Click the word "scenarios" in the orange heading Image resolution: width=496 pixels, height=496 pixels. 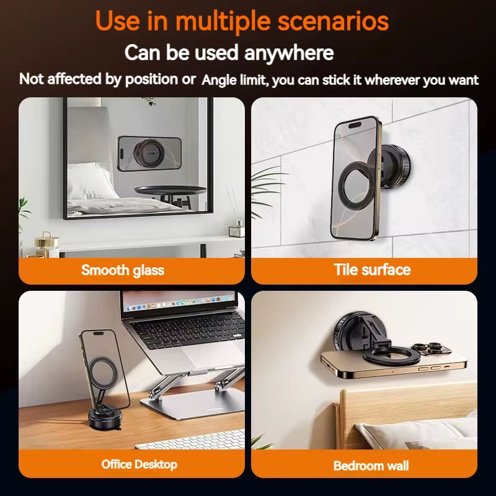[333, 20]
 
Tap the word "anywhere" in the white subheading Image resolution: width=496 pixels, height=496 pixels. [289, 53]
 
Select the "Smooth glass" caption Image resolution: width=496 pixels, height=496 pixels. [123, 270]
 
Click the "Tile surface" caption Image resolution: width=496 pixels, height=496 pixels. [372, 270]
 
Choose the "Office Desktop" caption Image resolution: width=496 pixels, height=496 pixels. [139, 464]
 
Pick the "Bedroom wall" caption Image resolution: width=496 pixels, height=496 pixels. [371, 466]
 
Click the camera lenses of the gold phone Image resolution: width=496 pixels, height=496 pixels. [428, 351]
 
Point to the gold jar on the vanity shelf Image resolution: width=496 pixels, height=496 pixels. [45, 242]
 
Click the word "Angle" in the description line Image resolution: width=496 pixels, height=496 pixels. [218, 80]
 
